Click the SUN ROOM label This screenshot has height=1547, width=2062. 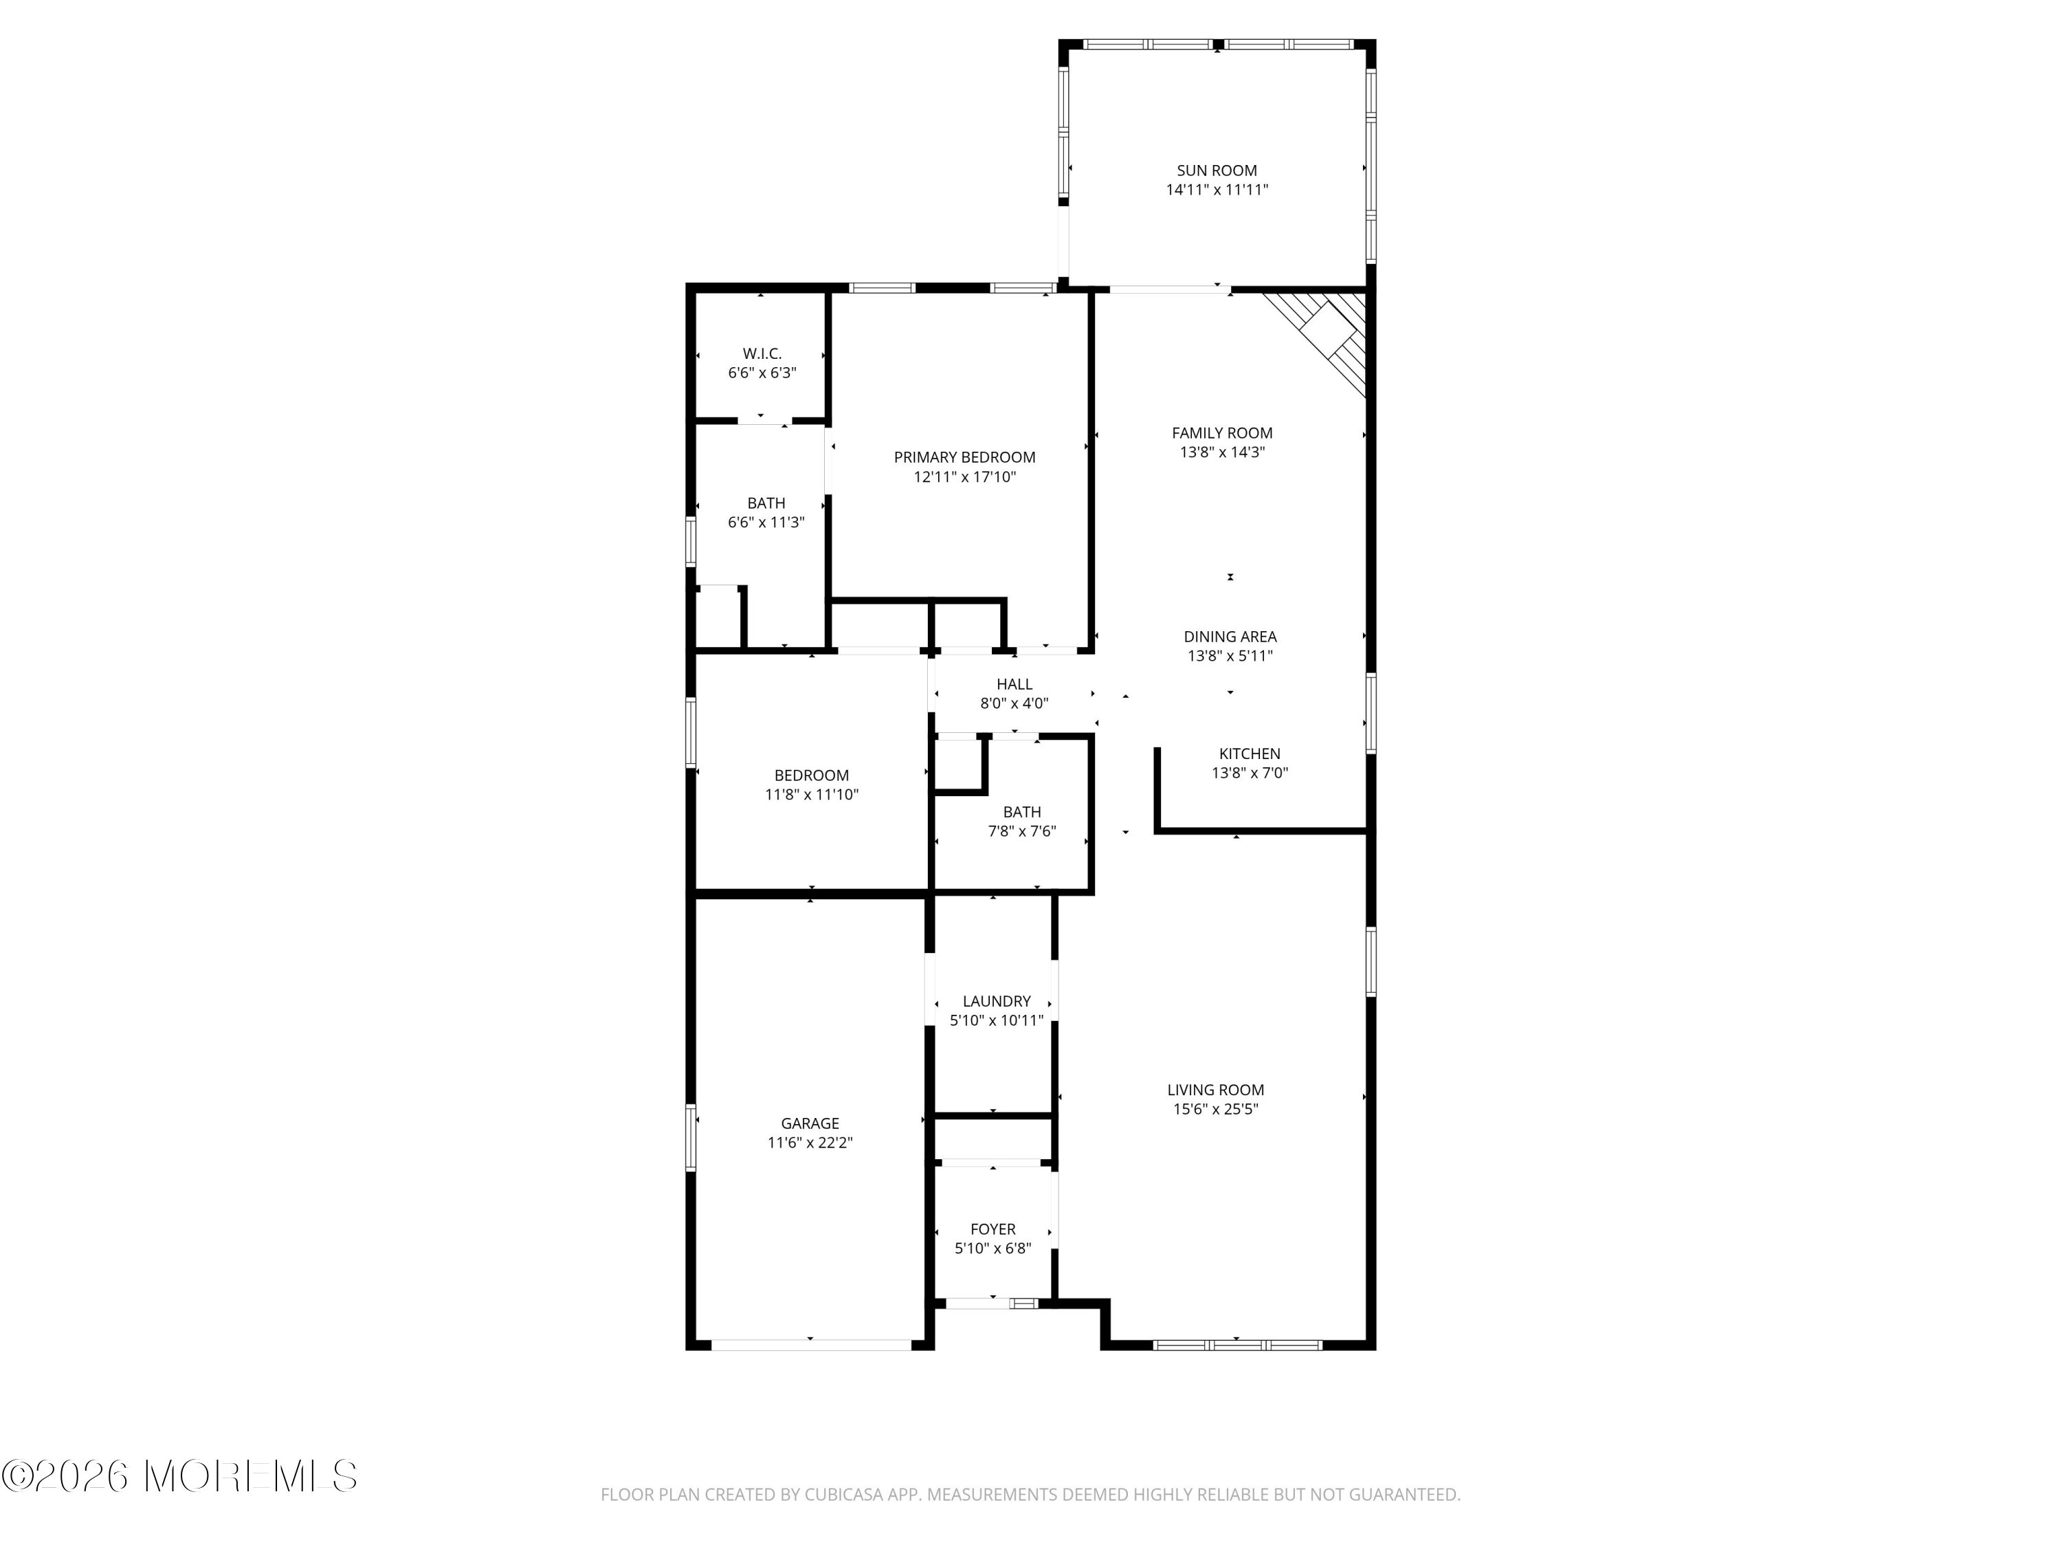1217,171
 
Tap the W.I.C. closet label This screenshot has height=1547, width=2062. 762,353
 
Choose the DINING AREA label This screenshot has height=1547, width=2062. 1230,637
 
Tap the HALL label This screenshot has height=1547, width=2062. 1015,684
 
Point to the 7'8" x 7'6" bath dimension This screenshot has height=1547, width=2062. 1021,831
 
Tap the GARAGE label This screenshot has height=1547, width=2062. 810,1123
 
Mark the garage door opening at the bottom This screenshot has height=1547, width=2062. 811,1345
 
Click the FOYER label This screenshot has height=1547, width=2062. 993,1229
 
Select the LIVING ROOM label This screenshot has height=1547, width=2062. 1216,1089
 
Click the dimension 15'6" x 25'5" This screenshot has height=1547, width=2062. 1216,1109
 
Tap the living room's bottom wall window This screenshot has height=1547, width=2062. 1237,1345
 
